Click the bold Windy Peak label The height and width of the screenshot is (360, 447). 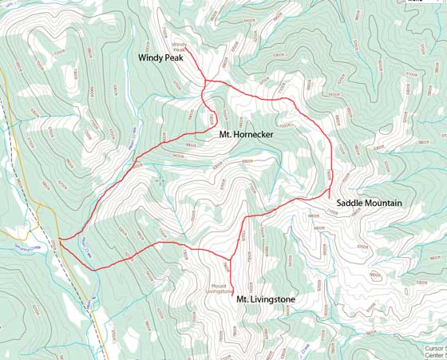[x=162, y=58]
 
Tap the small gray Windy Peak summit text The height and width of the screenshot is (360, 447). [x=180, y=47]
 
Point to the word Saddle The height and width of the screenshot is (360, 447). [x=349, y=204]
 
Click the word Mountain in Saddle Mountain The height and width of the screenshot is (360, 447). [x=383, y=204]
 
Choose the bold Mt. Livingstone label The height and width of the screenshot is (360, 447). [x=265, y=299]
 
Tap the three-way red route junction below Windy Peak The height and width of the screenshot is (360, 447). [x=206, y=81]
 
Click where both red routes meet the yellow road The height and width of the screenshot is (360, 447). [x=60, y=239]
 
